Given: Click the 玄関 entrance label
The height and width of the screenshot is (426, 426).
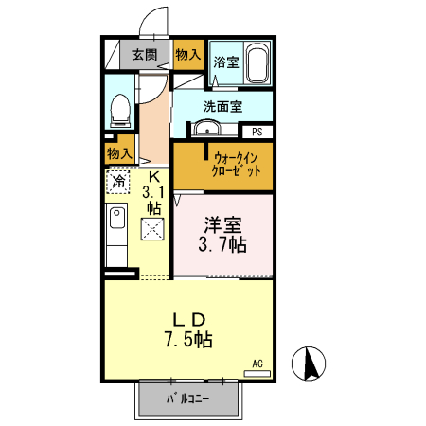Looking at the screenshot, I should pyautogui.click(x=145, y=55).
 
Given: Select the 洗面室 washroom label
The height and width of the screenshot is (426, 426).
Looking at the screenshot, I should pyautogui.click(x=222, y=106).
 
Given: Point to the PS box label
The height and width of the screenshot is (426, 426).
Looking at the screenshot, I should pyautogui.click(x=257, y=133).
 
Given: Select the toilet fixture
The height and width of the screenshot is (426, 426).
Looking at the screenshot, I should pyautogui.click(x=119, y=108).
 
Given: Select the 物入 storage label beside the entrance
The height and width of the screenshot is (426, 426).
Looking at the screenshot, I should pyautogui.click(x=187, y=55).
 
